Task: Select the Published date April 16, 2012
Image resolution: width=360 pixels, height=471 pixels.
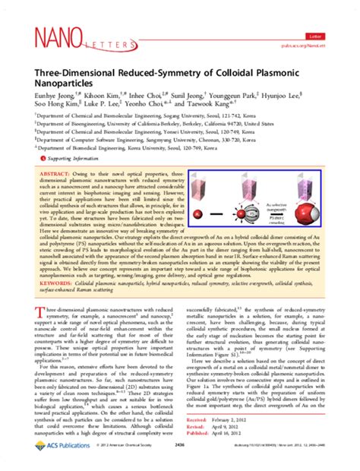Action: (258, 454)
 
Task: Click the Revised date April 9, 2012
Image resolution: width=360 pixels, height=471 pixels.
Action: (256, 447)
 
